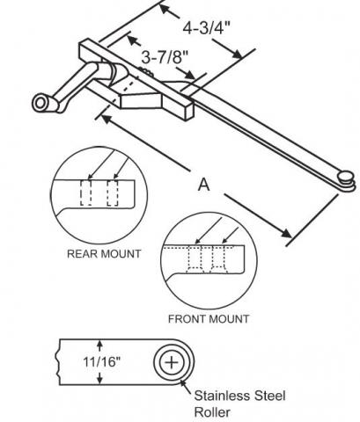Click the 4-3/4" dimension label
(206, 28)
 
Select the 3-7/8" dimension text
(165, 57)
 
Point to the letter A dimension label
(204, 185)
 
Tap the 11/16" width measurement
(102, 361)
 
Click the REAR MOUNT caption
(104, 254)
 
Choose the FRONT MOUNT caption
(209, 319)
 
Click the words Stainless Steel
(239, 396)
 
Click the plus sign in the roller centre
(172, 362)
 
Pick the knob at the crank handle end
(42, 103)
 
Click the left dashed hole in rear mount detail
(86, 193)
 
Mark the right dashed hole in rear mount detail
(113, 193)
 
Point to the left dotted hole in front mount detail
(195, 258)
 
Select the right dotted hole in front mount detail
(218, 258)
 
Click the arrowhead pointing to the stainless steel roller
(183, 382)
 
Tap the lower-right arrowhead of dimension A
(286, 233)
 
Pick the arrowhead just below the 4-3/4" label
(237, 54)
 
